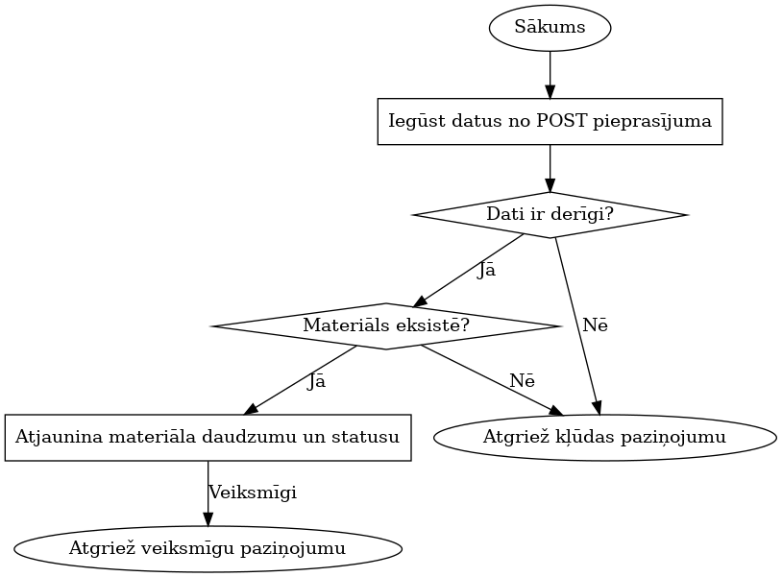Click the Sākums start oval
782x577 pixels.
point(550,27)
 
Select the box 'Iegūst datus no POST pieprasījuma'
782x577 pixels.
point(550,121)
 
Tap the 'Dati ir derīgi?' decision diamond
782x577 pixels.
point(550,214)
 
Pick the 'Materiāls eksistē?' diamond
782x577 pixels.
point(385,325)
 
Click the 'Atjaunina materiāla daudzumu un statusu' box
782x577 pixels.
point(208,438)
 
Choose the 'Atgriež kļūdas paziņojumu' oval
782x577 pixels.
point(604,438)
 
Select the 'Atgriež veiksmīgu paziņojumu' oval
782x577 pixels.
point(208,549)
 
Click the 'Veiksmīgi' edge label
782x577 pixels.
point(253,493)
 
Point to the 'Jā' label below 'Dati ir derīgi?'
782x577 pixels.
point(486,270)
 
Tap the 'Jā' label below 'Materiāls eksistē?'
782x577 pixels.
point(316,382)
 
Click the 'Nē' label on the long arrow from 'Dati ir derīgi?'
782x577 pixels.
point(595,325)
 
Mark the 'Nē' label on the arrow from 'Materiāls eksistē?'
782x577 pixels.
point(522,380)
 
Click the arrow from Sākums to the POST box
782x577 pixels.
point(550,72)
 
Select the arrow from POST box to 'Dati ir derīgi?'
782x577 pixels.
point(550,167)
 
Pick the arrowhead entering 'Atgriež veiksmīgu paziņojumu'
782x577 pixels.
point(208,519)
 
